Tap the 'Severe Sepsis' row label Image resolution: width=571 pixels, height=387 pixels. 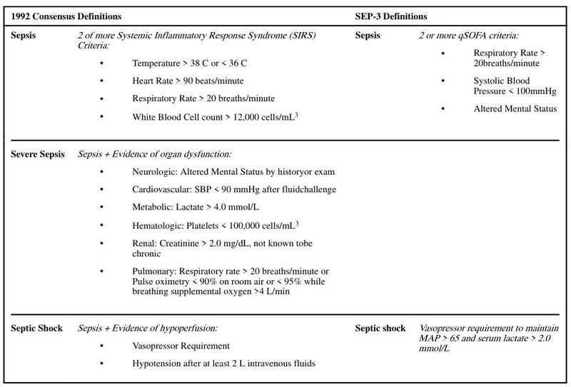click(38, 154)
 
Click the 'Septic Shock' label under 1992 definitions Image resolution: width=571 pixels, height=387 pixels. click(36, 329)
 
